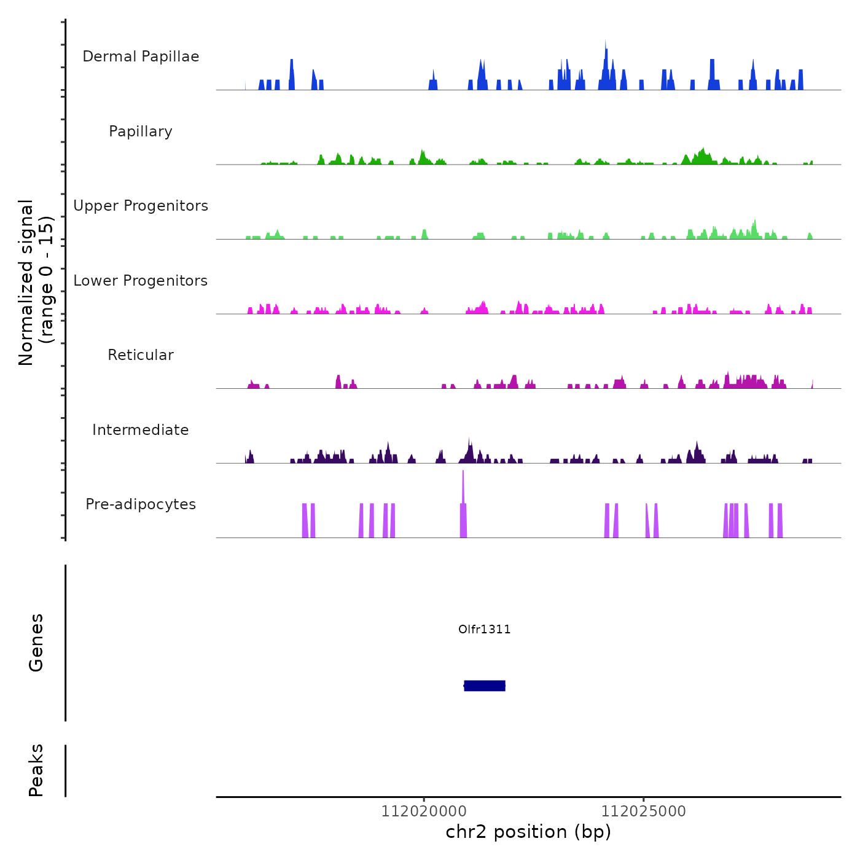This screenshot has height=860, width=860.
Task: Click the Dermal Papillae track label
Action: tap(141, 57)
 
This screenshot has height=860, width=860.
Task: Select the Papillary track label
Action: tap(141, 131)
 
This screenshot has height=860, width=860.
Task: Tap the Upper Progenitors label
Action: tap(141, 206)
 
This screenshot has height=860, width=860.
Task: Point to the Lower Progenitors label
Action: tap(141, 281)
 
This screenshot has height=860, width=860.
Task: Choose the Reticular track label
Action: tap(141, 355)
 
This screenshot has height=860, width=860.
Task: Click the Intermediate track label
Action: tap(141, 430)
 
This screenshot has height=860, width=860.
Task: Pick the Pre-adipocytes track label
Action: tap(141, 504)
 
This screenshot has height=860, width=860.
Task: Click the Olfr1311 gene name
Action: tap(484, 629)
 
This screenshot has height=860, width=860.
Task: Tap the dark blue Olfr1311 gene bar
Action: tap(485, 686)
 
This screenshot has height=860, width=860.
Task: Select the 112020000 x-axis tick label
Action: tap(424, 811)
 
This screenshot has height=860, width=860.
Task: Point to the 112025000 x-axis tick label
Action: tap(643, 811)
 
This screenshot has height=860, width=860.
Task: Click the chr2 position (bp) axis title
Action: tap(528, 832)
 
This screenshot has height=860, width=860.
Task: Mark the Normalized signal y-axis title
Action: tap(36, 283)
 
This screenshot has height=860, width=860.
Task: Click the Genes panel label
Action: tap(36, 643)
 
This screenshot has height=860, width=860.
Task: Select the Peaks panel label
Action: tap(36, 770)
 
